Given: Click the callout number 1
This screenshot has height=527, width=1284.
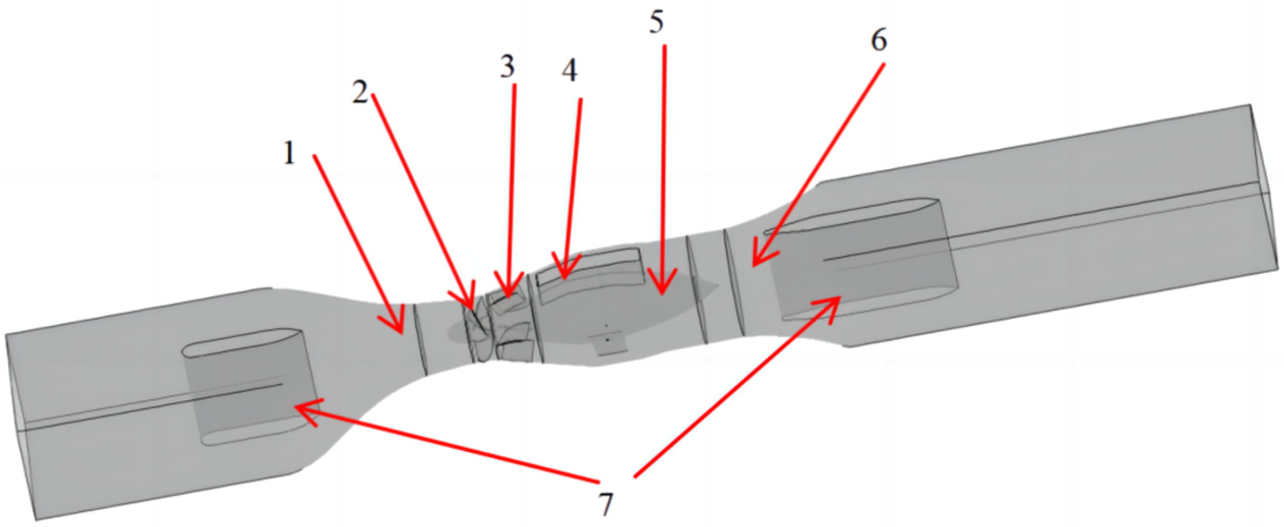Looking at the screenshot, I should point(289,154).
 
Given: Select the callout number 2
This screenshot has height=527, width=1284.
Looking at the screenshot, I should point(360,93).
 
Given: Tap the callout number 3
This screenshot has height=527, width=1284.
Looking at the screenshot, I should point(507,67).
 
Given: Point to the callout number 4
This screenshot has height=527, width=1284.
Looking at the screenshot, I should point(569,70).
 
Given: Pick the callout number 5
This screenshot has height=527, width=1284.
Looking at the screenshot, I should point(656,23).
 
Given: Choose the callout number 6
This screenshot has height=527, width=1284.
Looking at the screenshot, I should point(879,41).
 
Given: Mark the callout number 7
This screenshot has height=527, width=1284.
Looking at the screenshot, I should point(606,504).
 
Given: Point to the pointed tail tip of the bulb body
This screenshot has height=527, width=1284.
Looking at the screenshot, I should point(717,286).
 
